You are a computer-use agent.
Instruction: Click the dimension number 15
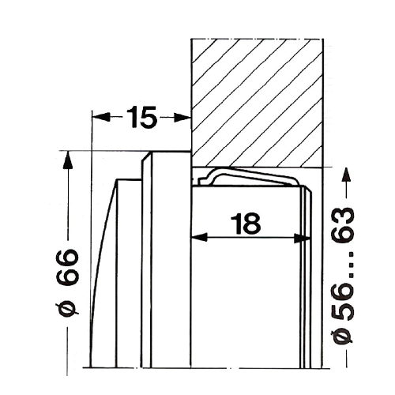coord(142,117)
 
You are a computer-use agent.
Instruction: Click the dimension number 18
coord(246,224)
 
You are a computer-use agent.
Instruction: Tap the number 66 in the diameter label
coord(68,268)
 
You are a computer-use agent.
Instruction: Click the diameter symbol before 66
coord(67,310)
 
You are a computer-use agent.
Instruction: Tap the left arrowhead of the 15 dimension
coord(101,117)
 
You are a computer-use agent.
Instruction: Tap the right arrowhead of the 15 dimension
coord(182,118)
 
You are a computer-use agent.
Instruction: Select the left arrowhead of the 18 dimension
coord(199,238)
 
